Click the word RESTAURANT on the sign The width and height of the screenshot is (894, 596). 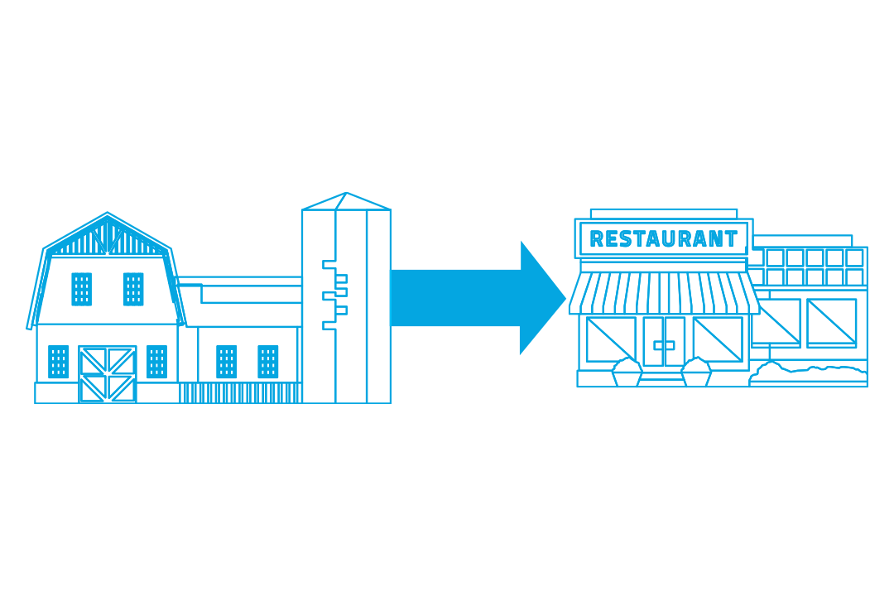click(663, 239)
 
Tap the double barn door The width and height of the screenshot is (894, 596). click(107, 374)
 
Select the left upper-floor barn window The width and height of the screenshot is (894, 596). click(81, 289)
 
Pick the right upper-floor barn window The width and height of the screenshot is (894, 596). click(133, 289)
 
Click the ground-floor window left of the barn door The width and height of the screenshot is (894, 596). click(58, 362)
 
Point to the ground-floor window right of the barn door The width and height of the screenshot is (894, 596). click(156, 362)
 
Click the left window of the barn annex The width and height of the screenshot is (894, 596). click(226, 362)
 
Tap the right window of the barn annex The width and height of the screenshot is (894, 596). click(267, 362)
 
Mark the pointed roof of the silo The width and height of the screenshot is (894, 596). click(346, 201)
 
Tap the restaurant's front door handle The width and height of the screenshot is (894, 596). click(664, 344)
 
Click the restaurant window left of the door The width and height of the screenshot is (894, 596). click(611, 339)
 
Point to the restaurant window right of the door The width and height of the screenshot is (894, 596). click(718, 339)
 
